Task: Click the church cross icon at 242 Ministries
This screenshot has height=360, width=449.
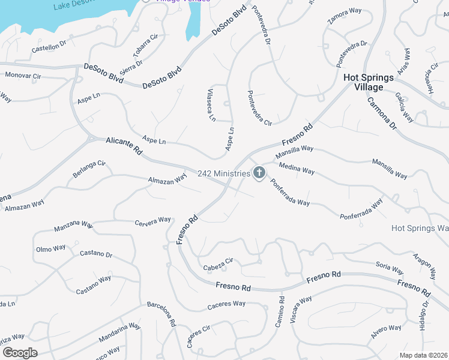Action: [x=259, y=173]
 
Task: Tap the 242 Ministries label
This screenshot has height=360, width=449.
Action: [x=223, y=173]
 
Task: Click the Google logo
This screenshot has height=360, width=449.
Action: [x=19, y=352]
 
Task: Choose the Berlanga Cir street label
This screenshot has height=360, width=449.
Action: [x=89, y=167]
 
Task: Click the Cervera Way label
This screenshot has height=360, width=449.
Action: [x=153, y=221]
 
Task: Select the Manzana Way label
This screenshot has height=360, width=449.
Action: [x=73, y=227]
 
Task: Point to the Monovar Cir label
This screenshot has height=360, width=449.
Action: [x=22, y=76]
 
